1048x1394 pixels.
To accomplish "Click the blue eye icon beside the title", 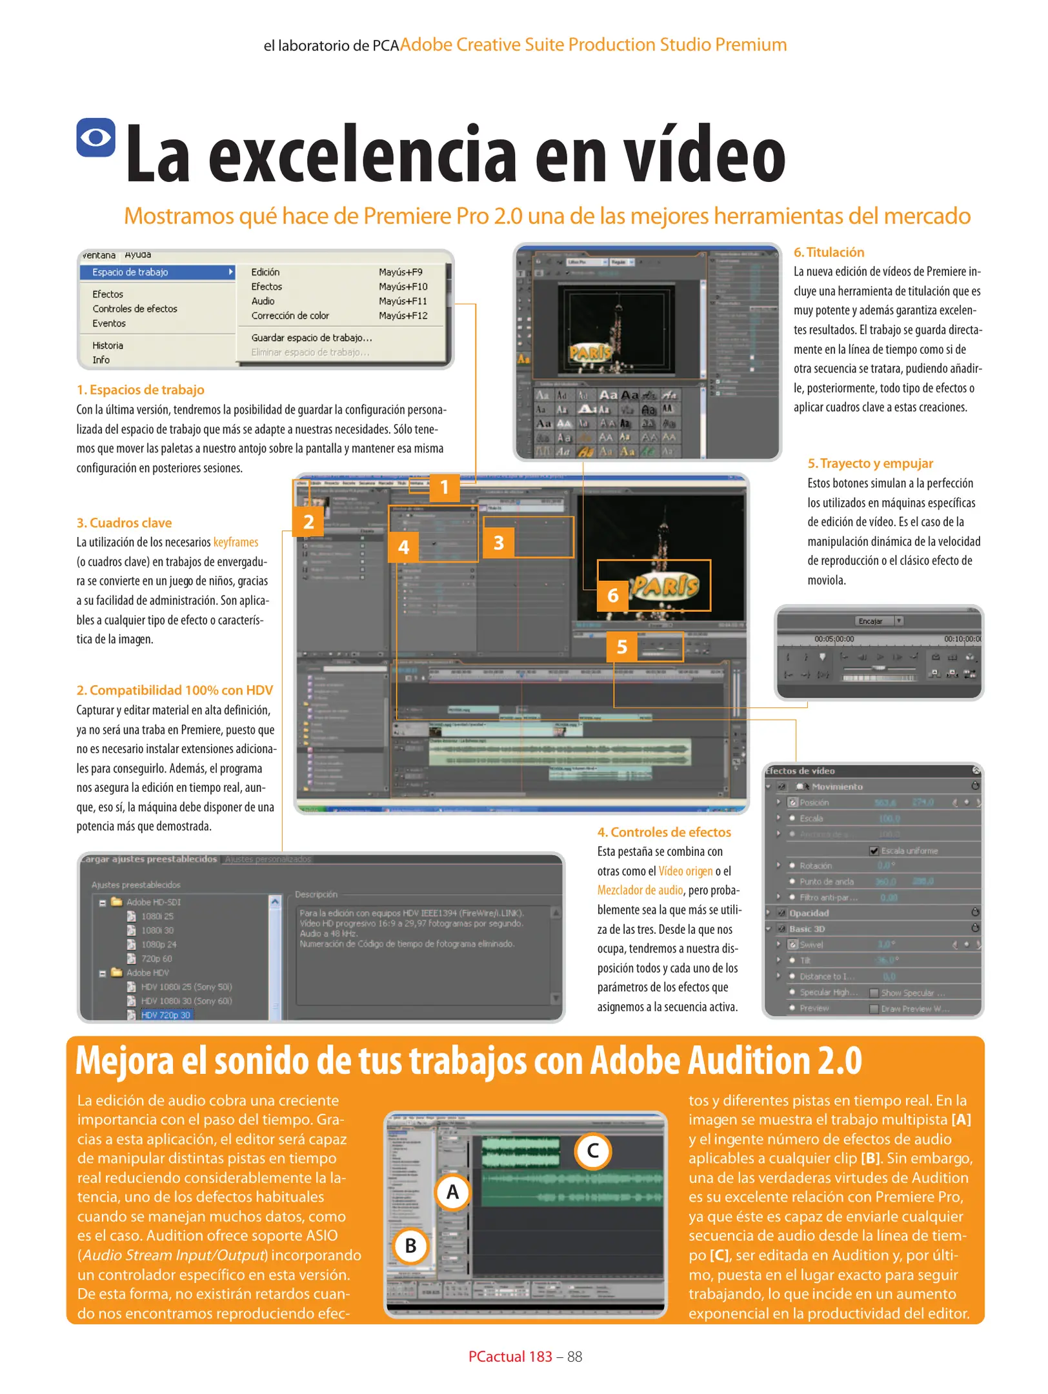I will pos(96,137).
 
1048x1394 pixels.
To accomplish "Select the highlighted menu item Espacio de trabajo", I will pos(130,272).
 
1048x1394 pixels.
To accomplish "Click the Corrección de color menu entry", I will pos(290,316).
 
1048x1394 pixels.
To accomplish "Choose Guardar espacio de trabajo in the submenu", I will pos(312,338).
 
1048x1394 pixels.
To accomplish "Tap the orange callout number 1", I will pos(444,487).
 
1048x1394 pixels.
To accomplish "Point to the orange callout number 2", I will pos(308,521).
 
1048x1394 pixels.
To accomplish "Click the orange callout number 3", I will pos(498,543).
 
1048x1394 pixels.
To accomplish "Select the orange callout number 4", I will pos(403,547).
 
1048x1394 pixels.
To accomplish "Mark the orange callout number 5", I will pos(621,647).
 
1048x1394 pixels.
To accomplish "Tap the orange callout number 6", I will pos(612,595).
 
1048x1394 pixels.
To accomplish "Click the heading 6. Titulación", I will pos(829,252).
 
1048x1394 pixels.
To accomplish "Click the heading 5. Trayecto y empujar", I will pos(870,463).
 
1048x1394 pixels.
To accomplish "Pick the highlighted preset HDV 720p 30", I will pos(166,1015).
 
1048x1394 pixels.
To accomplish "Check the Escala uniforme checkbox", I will pos(874,851).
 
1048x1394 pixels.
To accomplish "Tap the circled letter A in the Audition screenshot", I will pos(452,1192).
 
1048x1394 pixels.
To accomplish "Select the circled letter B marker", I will pos(410,1246).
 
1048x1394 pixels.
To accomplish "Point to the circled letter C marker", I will pos(592,1151).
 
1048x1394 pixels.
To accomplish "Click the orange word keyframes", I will pos(236,542).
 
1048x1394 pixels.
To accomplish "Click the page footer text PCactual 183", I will pos(510,1357).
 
